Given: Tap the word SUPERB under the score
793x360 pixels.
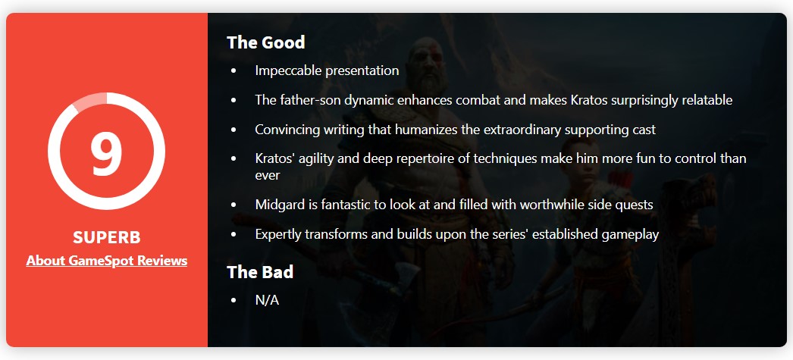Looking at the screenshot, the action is [107, 237].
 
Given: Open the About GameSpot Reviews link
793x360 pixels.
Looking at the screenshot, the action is [107, 261].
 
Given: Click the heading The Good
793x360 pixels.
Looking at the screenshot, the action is [266, 42].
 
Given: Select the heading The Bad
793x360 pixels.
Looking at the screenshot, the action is [260, 272].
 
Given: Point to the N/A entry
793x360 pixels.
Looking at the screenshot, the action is [267, 300].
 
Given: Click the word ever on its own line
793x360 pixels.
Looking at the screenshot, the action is [268, 175].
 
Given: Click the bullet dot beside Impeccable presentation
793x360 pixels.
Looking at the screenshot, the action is [234, 71].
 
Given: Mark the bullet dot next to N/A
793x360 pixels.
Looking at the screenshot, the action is [234, 300].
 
